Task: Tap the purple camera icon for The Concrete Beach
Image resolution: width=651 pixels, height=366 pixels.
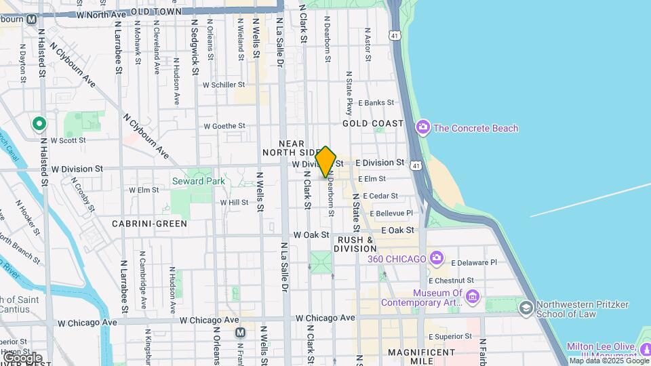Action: click(x=423, y=127)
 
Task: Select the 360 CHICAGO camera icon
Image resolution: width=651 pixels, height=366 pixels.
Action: click(x=437, y=258)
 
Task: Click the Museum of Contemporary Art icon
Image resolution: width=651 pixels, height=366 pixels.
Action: click(x=473, y=297)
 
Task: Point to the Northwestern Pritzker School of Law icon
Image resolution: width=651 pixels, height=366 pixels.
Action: click(x=526, y=308)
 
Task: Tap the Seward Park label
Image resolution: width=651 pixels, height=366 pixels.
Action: click(x=198, y=181)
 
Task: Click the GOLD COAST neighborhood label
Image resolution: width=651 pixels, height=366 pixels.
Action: click(x=373, y=123)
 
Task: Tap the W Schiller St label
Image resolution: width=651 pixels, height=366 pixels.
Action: click(x=224, y=85)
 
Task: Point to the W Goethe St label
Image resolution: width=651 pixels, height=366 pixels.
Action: click(x=224, y=126)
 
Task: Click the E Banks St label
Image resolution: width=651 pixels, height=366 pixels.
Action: click(x=376, y=103)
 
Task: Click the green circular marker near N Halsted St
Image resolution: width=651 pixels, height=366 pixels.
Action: click(x=39, y=123)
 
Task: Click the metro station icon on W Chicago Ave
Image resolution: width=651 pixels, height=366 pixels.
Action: click(x=240, y=333)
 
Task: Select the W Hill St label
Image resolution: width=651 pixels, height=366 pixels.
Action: click(x=234, y=202)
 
